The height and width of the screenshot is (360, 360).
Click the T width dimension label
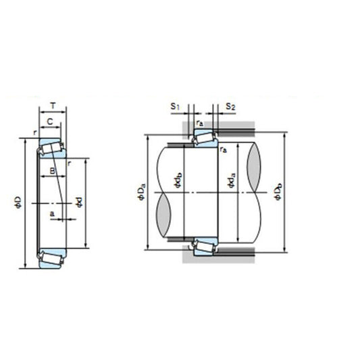tap(53, 107)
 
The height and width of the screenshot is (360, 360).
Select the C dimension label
tap(50, 122)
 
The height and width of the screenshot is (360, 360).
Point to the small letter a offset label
tap(52, 213)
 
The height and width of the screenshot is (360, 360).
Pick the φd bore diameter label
tap(80, 201)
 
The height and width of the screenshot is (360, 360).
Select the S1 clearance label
tap(175, 107)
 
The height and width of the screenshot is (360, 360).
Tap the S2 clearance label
tap(230, 107)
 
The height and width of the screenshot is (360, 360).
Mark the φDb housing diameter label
tap(279, 192)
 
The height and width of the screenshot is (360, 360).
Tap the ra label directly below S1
tap(200, 122)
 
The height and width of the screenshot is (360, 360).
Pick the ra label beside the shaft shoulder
tap(222, 149)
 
